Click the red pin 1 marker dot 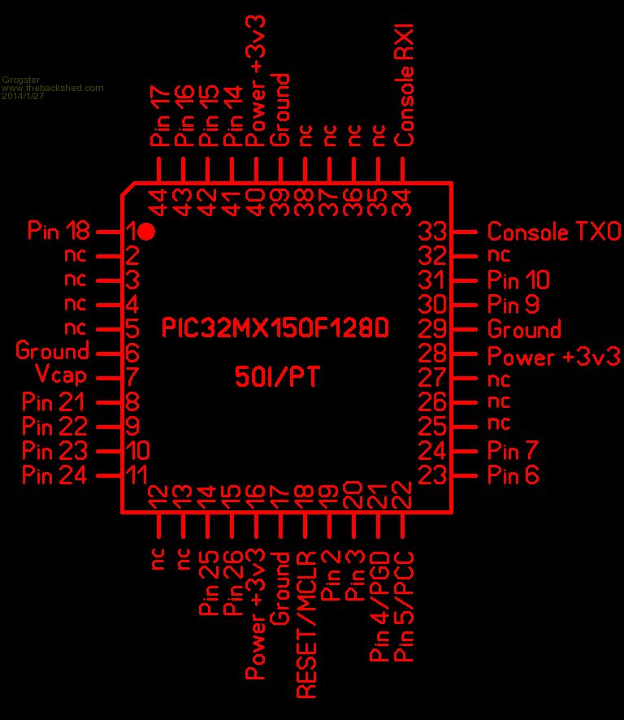(146, 232)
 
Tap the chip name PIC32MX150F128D (275, 328)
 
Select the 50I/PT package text (276, 376)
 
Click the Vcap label (62, 376)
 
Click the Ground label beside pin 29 (524, 329)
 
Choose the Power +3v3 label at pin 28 (553, 356)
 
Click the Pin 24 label (54, 475)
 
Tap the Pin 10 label (518, 280)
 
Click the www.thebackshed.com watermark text (53, 88)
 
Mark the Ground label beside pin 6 (52, 352)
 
